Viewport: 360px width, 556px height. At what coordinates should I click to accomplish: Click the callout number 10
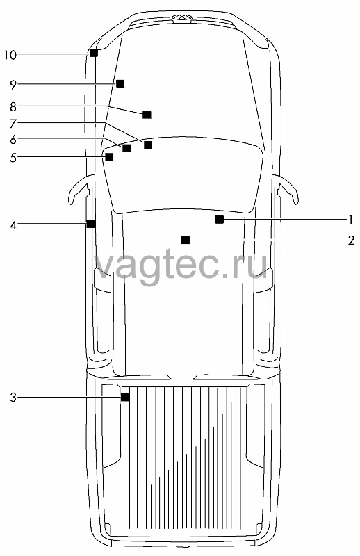click(x=10, y=55)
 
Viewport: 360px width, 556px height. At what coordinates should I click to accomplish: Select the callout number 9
click(x=13, y=85)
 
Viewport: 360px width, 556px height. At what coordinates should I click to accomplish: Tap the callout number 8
click(x=13, y=106)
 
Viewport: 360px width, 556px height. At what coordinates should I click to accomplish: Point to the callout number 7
click(x=13, y=124)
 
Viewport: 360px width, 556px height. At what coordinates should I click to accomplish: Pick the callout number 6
click(x=13, y=140)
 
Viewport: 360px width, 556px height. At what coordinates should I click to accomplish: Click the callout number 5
click(x=13, y=158)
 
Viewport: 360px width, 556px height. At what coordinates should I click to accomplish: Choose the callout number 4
click(x=13, y=224)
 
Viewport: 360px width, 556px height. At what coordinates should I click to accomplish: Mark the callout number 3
click(x=13, y=398)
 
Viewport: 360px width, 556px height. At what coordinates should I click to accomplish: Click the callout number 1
click(x=351, y=220)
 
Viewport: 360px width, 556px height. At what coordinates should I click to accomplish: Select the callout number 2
click(x=351, y=240)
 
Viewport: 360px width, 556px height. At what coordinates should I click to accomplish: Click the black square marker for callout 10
click(x=94, y=53)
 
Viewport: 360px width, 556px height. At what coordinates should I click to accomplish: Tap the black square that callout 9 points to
click(x=121, y=83)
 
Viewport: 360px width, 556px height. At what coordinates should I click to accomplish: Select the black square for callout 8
click(x=147, y=114)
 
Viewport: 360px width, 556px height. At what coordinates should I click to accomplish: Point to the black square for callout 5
click(x=110, y=157)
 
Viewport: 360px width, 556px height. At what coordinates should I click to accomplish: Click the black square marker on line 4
click(x=90, y=224)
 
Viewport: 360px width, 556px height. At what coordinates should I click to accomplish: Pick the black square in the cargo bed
click(x=125, y=397)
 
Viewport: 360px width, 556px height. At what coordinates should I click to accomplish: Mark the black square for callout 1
click(x=220, y=220)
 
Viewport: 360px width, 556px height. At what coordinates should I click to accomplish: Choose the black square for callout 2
click(x=186, y=240)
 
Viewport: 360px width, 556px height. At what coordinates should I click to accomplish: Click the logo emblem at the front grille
click(x=181, y=17)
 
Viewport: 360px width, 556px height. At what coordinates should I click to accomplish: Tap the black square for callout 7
click(x=148, y=145)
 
